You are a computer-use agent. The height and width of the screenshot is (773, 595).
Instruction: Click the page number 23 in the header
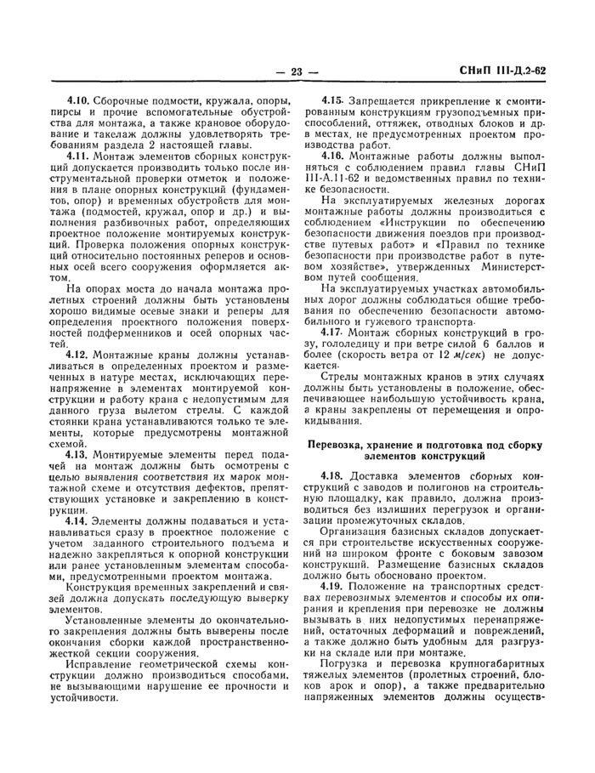297,71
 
